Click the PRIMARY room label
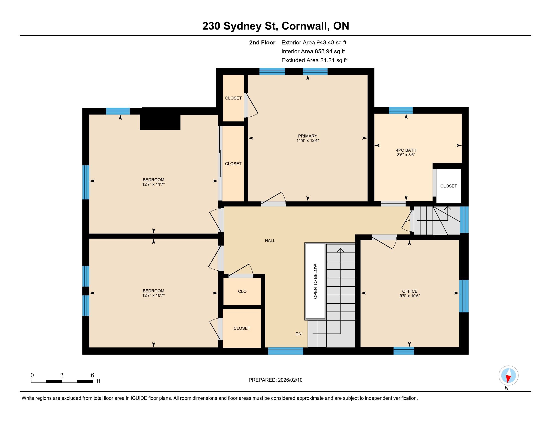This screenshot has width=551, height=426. tap(307, 136)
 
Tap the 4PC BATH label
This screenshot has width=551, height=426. tap(406, 150)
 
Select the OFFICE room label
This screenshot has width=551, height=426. tap(410, 291)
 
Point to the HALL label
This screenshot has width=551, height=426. tap(270, 241)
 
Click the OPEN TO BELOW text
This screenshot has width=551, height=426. tap(315, 281)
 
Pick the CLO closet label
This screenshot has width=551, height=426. tap(242, 291)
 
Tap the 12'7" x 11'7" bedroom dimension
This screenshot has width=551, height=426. tap(153, 184)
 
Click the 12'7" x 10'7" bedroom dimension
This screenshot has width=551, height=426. tap(153, 295)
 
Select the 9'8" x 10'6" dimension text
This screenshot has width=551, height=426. tap(410, 296)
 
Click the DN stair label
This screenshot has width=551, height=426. tap(299, 334)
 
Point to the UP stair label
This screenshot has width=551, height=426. tap(407, 220)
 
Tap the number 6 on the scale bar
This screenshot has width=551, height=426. tap(92, 375)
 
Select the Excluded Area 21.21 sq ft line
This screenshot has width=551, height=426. tap(314, 60)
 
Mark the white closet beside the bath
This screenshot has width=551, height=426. tap(449, 186)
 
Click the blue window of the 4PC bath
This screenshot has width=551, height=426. tap(401, 110)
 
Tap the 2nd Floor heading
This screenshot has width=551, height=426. tap(262, 43)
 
